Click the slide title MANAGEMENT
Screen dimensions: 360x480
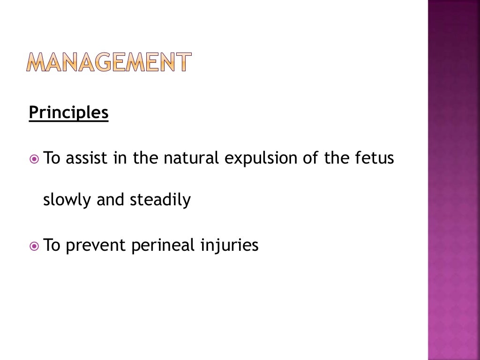point(109,62)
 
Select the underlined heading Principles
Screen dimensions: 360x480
point(68,113)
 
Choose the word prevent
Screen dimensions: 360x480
point(96,246)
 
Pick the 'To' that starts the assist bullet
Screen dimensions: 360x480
point(52,158)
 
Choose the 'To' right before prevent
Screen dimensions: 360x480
point(52,246)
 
